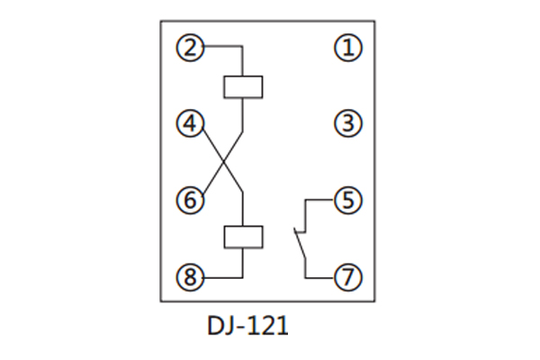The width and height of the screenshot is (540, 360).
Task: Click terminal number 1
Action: coord(348,48)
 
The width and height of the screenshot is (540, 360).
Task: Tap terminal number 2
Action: coord(190,48)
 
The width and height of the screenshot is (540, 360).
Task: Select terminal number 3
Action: coord(348,122)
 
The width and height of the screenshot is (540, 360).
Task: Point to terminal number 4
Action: coord(190,122)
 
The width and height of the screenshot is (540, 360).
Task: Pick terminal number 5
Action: coord(348,200)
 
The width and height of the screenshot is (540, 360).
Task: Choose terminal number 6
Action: coord(190,200)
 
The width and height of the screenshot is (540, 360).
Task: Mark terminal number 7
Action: coord(348,276)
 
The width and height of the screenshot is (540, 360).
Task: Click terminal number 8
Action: coord(190,276)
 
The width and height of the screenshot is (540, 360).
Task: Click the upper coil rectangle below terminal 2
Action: coord(243,87)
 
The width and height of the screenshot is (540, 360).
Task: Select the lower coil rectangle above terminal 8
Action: coord(243,237)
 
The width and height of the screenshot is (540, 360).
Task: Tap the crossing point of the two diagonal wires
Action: coord(225,162)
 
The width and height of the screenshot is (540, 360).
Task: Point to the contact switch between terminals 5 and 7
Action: coord(300,240)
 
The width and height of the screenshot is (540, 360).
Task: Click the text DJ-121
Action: coord(247,325)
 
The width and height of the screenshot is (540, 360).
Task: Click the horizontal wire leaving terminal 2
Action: coord(222,48)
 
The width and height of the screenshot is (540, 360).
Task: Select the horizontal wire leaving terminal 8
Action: coord(222,276)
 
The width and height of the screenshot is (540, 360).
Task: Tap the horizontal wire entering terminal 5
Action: coord(320,200)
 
